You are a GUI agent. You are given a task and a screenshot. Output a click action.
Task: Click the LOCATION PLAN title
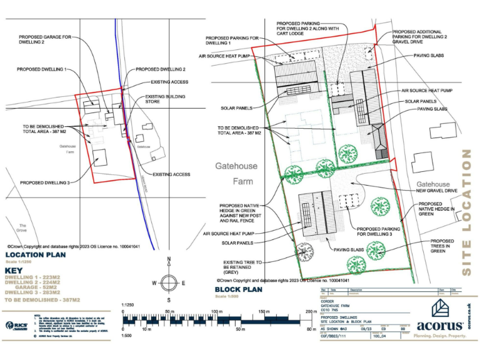pos(35,256)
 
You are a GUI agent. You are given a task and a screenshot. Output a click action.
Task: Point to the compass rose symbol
pos(167,282)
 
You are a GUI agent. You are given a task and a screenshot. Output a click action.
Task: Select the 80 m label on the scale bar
pos(311,329)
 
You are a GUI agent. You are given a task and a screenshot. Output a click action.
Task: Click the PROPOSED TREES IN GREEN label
pos(442,246)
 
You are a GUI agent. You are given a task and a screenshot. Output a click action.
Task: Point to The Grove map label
pos(22,227)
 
